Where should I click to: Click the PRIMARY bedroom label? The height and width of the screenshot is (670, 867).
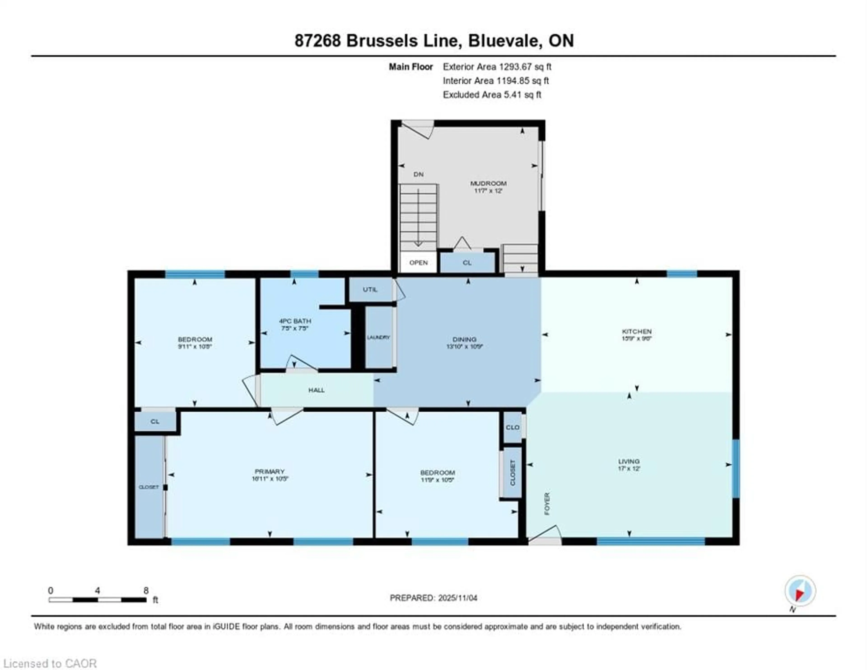pos(270,472)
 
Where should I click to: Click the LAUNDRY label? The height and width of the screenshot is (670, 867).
pos(378,337)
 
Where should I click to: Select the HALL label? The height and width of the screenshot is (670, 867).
pos(316,390)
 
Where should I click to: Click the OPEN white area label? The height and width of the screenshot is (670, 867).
pos(418,263)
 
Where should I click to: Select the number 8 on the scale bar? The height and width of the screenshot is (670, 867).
pos(146,591)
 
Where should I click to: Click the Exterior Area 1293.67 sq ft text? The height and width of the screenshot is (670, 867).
pos(497,67)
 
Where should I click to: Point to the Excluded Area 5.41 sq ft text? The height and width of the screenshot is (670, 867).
pos(492,95)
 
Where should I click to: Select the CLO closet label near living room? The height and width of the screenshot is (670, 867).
pos(513,427)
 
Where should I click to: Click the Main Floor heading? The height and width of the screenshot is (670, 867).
pos(410,67)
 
